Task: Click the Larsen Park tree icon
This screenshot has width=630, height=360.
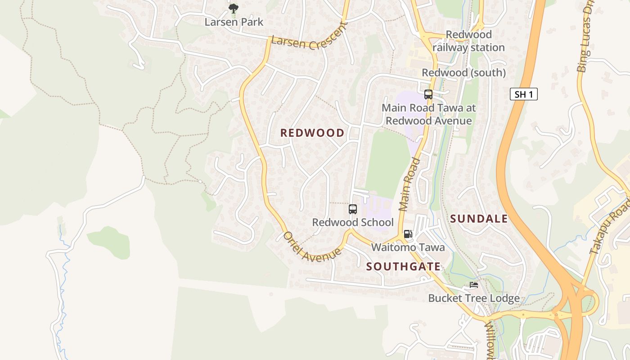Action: (x=233, y=8)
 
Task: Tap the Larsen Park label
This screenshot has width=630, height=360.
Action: (x=234, y=22)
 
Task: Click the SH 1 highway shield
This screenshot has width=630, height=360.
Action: (x=524, y=94)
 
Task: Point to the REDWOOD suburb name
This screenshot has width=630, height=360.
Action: (x=312, y=133)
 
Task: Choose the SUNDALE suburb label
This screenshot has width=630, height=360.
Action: (x=479, y=219)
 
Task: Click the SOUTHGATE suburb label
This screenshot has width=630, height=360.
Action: (x=403, y=266)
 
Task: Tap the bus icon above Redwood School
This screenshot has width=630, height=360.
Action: (x=353, y=209)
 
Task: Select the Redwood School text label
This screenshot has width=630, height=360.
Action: (x=353, y=222)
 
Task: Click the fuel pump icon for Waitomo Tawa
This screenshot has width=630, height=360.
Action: (x=408, y=234)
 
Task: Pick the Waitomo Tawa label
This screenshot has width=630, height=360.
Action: (x=408, y=247)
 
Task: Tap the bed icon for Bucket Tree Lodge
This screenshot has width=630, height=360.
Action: (x=474, y=285)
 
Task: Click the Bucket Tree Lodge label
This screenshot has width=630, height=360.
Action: (x=474, y=298)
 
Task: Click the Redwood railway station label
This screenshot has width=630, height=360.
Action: (x=468, y=41)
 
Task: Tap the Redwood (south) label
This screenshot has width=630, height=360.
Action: (x=463, y=72)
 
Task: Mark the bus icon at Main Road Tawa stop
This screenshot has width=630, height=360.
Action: (x=428, y=94)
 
